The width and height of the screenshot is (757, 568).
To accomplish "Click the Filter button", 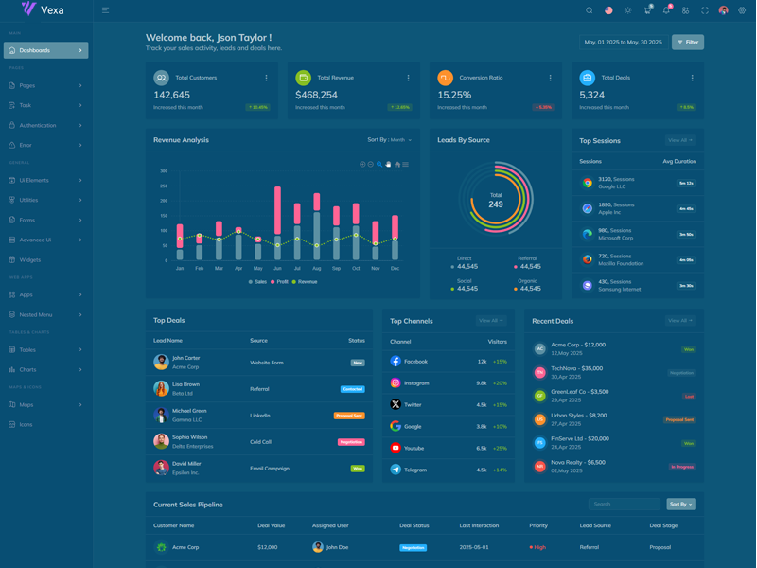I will click(x=688, y=43).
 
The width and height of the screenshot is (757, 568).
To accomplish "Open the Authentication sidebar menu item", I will click(x=38, y=125).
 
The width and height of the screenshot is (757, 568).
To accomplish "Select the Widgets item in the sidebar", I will click(x=30, y=259).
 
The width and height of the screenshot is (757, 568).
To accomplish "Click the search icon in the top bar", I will click(x=589, y=10).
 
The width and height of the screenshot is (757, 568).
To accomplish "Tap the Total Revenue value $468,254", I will click(x=316, y=95).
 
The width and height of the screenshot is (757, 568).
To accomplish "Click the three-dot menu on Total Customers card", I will click(x=266, y=78).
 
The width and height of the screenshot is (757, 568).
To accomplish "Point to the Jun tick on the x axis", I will click(x=277, y=269).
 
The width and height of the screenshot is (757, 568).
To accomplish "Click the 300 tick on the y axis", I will click(x=164, y=171).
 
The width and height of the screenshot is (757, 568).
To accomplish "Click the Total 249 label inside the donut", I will click(x=496, y=201).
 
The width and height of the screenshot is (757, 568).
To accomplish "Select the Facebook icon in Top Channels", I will click(x=396, y=362).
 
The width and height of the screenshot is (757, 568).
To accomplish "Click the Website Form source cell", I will click(x=267, y=363).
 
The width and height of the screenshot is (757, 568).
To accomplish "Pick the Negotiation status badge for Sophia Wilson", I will click(x=350, y=442).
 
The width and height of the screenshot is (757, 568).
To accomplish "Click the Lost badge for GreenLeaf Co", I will click(x=689, y=397).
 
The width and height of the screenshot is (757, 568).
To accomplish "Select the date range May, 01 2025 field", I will click(x=623, y=43).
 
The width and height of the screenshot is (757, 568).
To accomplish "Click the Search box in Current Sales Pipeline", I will click(x=624, y=505).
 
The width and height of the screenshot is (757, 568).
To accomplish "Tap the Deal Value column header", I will click(x=271, y=525).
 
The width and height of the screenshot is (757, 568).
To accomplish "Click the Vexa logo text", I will click(x=52, y=10).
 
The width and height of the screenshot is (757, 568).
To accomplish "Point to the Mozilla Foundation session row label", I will click(x=620, y=263).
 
